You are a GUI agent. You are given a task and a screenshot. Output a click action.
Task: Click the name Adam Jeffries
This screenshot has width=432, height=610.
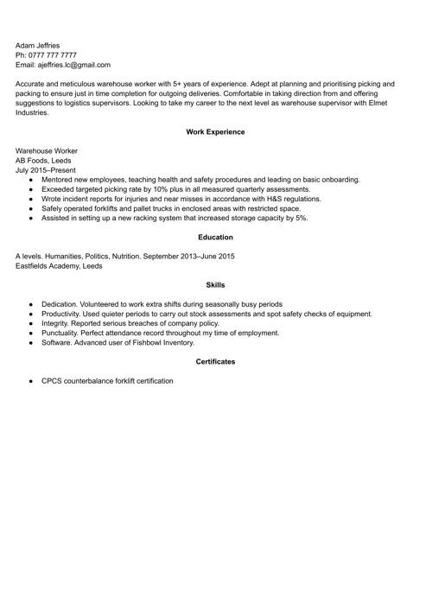(38, 45)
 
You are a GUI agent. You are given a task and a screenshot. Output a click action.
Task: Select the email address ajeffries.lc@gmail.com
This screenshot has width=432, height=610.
(73, 65)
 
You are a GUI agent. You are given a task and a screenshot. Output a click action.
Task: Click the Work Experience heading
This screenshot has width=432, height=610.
(215, 132)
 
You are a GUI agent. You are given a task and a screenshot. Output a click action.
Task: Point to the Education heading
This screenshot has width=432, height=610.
(215, 237)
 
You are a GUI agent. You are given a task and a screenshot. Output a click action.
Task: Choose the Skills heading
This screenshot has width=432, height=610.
(215, 284)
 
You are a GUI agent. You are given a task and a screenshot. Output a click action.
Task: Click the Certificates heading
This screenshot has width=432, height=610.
(215, 361)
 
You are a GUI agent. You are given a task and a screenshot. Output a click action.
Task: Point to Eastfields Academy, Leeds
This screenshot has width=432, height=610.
(59, 266)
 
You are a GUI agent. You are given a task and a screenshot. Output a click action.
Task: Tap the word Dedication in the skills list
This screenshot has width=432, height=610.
(60, 304)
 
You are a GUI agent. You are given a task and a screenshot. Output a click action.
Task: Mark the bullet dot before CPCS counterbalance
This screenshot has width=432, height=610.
(31, 381)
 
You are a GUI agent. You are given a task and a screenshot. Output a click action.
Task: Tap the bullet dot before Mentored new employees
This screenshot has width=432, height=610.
(31, 180)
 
